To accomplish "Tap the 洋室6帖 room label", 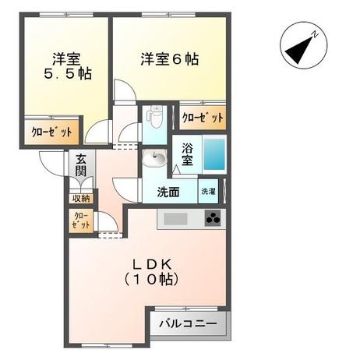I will [x=168, y=59].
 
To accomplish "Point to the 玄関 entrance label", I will [x=81, y=166].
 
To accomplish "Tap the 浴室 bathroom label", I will [x=188, y=154].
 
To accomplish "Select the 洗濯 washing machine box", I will [x=208, y=192].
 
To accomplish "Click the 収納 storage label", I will [x=81, y=198].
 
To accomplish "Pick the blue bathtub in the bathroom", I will [x=214, y=154].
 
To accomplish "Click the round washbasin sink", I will [x=154, y=161].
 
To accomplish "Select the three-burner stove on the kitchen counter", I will [x=212, y=219].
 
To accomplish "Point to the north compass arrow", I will [x=298, y=49].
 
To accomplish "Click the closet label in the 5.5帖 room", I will [x=41, y=132].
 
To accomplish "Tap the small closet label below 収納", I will [x=81, y=221].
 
